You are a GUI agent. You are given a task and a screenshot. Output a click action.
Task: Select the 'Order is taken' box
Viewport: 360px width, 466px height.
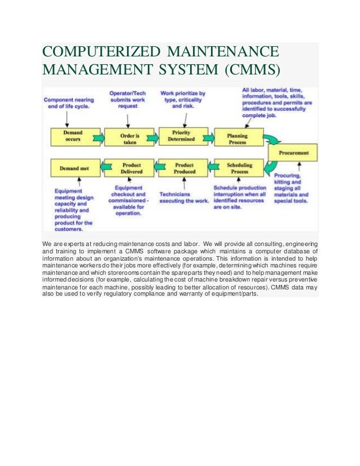pyautogui.click(x=130, y=137)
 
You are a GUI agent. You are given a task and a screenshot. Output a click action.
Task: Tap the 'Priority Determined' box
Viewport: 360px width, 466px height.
pyautogui.click(x=185, y=137)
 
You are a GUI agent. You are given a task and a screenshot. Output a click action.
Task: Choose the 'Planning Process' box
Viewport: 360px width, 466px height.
pyautogui.click(x=237, y=137)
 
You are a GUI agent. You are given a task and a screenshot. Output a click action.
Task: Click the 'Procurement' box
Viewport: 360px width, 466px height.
pyautogui.click(x=292, y=152)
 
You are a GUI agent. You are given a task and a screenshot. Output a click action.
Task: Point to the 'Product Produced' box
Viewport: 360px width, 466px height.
pyautogui.click(x=185, y=168)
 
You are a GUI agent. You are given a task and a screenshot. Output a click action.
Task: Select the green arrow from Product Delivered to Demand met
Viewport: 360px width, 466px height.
pyautogui.click(x=102, y=168)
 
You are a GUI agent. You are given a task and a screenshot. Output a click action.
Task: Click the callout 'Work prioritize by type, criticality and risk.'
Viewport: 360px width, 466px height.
pyautogui.click(x=183, y=99)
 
